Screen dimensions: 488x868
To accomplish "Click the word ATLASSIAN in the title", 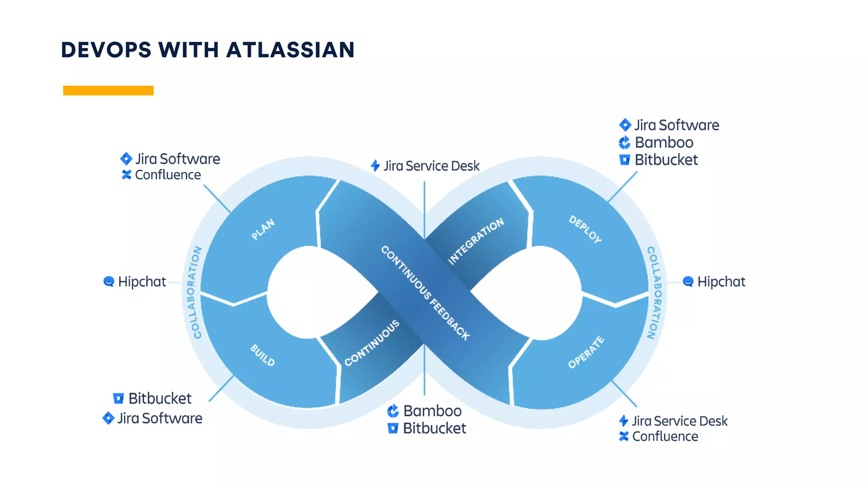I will point(290,50).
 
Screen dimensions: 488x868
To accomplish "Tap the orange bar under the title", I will point(108,90).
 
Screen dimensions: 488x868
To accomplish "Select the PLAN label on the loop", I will point(263,229).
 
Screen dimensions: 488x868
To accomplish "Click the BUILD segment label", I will point(263,355).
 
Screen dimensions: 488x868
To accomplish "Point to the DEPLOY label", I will point(585,229).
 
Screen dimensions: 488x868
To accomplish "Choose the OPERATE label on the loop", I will point(586,352).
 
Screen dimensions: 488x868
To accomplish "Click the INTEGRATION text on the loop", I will point(476,241).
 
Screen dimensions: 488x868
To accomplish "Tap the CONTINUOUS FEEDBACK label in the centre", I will point(425,293).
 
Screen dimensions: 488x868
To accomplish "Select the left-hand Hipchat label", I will point(142,282).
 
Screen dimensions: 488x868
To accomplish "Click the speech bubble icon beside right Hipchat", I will point(688,281).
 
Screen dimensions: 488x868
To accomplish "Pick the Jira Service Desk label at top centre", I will point(431,166).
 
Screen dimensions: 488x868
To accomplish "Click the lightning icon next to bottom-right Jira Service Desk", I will point(623,421).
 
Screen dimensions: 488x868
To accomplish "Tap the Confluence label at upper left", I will point(168,175).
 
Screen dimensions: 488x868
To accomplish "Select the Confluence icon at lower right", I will point(623,436).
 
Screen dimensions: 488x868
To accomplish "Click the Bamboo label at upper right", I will point(664,142).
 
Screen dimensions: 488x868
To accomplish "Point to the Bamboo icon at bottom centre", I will point(393,410).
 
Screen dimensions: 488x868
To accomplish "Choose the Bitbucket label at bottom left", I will point(160,398).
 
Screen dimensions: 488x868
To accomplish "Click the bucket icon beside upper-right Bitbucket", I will point(624,160).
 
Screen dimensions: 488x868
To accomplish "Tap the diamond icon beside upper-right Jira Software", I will point(625,125).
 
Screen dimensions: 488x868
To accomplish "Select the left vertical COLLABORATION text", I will point(195,292).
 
